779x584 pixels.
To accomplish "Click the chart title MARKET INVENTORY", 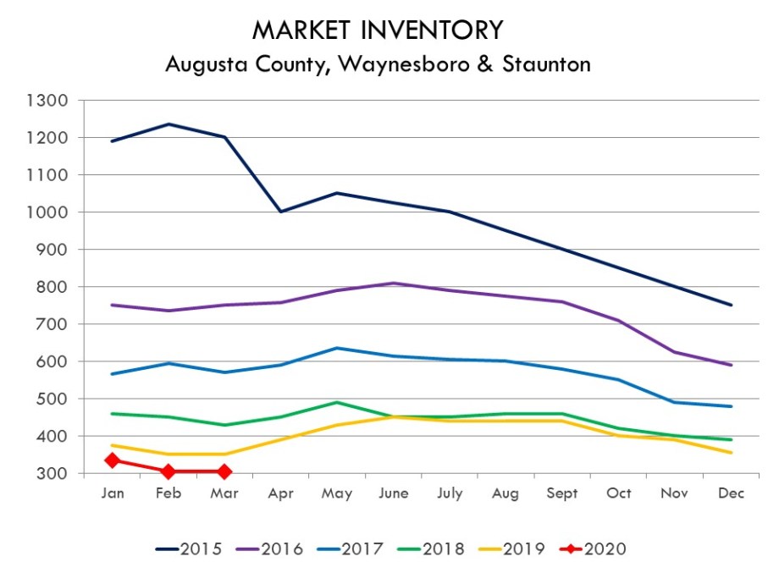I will (x=378, y=30).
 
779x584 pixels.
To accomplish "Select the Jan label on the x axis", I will (x=112, y=493).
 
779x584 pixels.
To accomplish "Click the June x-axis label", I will (x=394, y=493).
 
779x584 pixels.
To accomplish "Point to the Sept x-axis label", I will (x=562, y=493).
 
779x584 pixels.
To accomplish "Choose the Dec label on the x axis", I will (x=731, y=493).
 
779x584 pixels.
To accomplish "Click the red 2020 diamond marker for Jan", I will (x=112, y=460).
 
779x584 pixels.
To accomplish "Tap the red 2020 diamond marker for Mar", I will (x=224, y=471).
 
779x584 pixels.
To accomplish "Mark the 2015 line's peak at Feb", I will (x=169, y=124).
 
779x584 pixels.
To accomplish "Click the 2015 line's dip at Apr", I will (x=280, y=212).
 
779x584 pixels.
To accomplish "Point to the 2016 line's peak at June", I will (x=394, y=284).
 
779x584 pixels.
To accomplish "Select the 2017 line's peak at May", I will (x=337, y=348).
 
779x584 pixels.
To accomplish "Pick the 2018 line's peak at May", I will (x=337, y=402).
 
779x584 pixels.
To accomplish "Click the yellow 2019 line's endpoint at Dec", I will (x=731, y=453).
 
